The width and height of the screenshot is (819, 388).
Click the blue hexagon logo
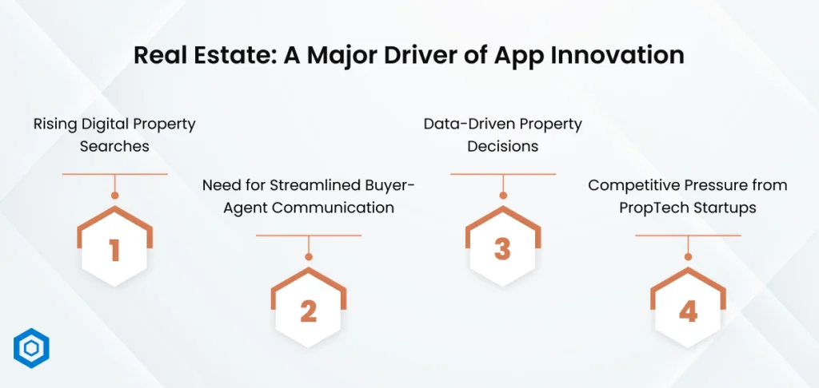pos(31,348)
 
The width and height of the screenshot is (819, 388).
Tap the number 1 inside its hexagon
pos(115,250)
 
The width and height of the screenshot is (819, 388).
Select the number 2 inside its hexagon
pos(309,311)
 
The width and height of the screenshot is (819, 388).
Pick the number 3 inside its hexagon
pos(502,250)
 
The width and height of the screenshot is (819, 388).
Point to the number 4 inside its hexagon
pos(688,311)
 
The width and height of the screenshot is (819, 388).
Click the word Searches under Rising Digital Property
pos(114,147)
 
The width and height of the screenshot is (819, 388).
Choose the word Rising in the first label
pos(52,125)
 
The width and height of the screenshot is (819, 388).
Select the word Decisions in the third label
pos(502,147)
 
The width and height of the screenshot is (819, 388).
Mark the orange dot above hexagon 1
pos(115,196)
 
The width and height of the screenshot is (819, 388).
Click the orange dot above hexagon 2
pos(309,257)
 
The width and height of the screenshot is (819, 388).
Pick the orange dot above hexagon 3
pos(503,196)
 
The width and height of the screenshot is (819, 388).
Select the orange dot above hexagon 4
pos(688,257)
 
